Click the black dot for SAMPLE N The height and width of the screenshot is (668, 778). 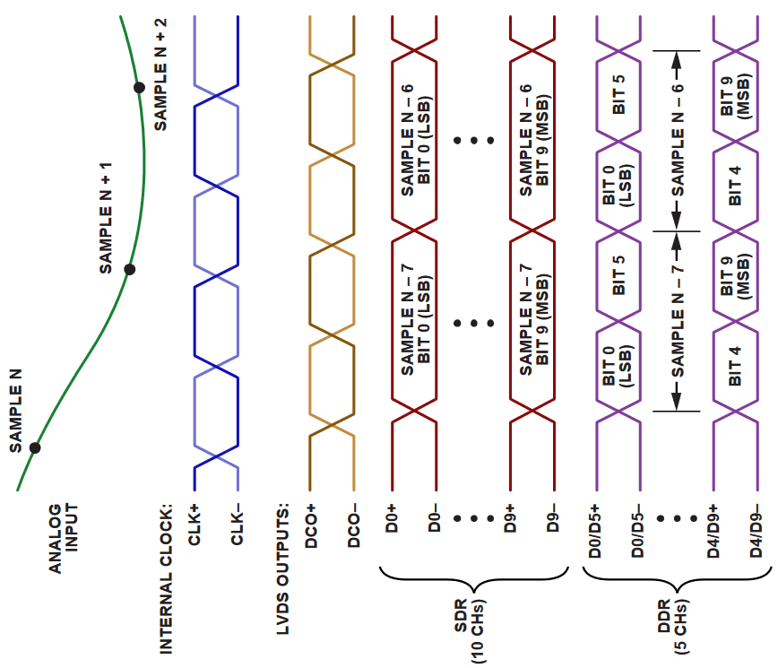(x=35, y=447)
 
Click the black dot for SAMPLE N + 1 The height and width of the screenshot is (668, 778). (x=129, y=269)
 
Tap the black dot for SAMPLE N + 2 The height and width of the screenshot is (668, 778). (x=139, y=87)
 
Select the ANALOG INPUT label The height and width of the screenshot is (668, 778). (x=64, y=539)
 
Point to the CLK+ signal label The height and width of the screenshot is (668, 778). (x=194, y=525)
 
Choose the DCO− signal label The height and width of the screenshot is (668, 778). (x=355, y=526)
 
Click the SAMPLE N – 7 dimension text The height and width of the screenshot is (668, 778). (x=678, y=321)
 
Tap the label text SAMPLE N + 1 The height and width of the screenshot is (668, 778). (x=106, y=218)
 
